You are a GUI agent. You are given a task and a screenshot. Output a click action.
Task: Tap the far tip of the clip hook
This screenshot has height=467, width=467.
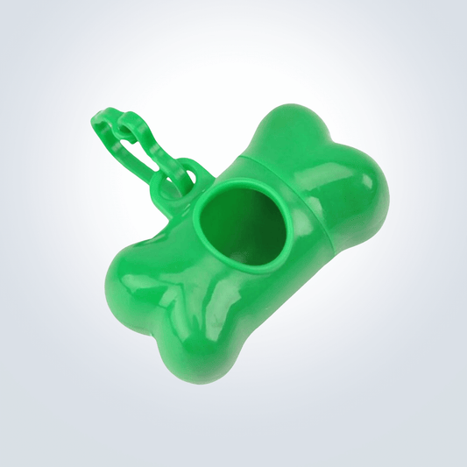99,119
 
